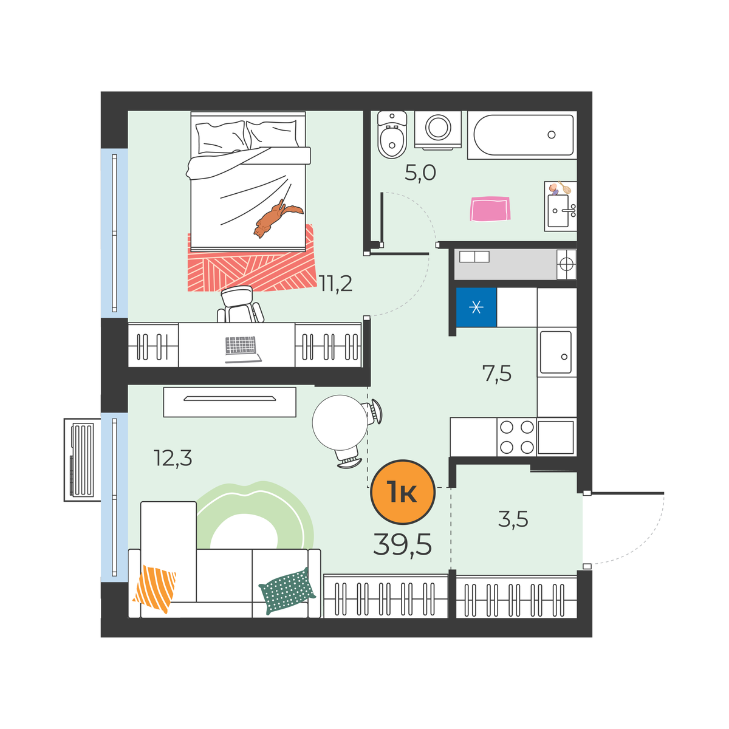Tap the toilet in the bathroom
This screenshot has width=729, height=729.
coord(392,134)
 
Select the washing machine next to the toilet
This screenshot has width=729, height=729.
coord(437,130)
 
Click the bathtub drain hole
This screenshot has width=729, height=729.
coord(551,134)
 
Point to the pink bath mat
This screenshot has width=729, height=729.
coord(490,208)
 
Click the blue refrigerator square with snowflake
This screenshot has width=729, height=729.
coord(476,307)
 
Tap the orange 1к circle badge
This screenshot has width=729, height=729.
coord(403,492)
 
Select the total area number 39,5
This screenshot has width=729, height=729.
coord(402,544)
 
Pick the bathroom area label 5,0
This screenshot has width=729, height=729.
coord(420,173)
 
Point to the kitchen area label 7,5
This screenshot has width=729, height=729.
coord(496,373)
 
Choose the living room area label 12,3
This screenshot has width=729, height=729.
coord(173,458)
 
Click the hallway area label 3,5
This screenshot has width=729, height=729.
coord(513,519)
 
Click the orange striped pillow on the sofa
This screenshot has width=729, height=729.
coord(154,589)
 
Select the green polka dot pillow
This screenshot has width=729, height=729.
coord(287,590)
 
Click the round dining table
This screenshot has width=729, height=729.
coord(340,423)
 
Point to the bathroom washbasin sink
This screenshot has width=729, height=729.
coord(560,210)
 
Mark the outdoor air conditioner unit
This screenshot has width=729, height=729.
coord(82,460)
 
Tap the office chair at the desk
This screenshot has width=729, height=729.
coord(240,304)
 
